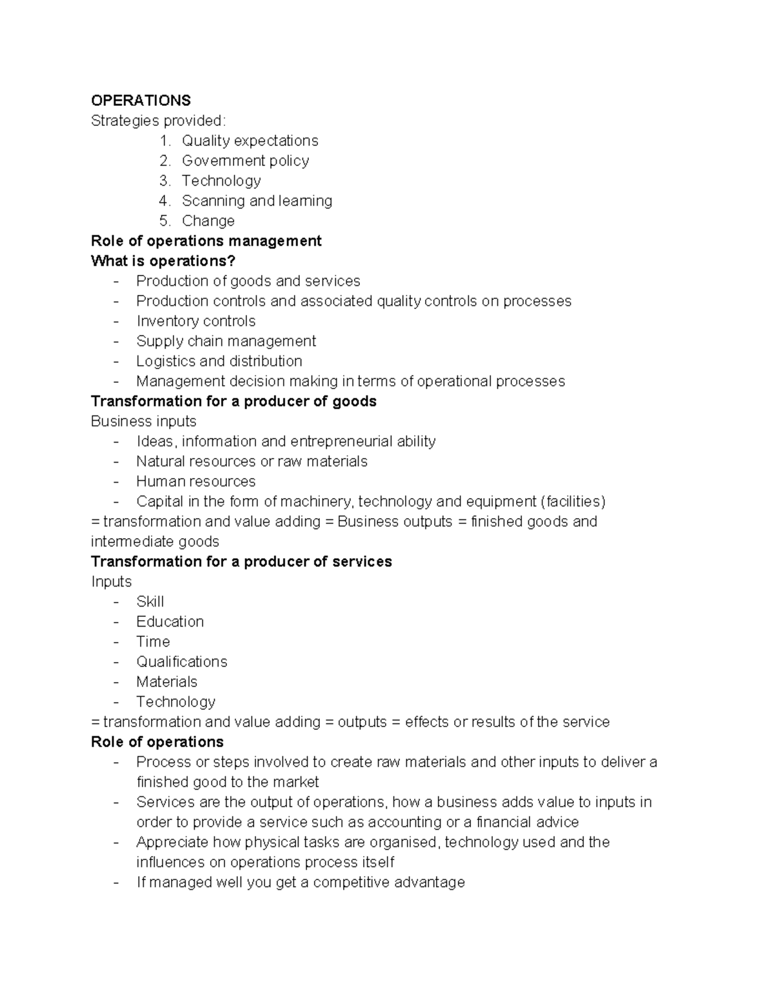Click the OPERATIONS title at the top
point(141,101)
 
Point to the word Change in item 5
point(208,221)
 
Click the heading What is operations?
point(163,261)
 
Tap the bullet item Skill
point(150,601)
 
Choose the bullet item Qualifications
point(181,661)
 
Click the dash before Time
point(116,642)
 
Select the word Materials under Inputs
point(166,681)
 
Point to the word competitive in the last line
point(351,882)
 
